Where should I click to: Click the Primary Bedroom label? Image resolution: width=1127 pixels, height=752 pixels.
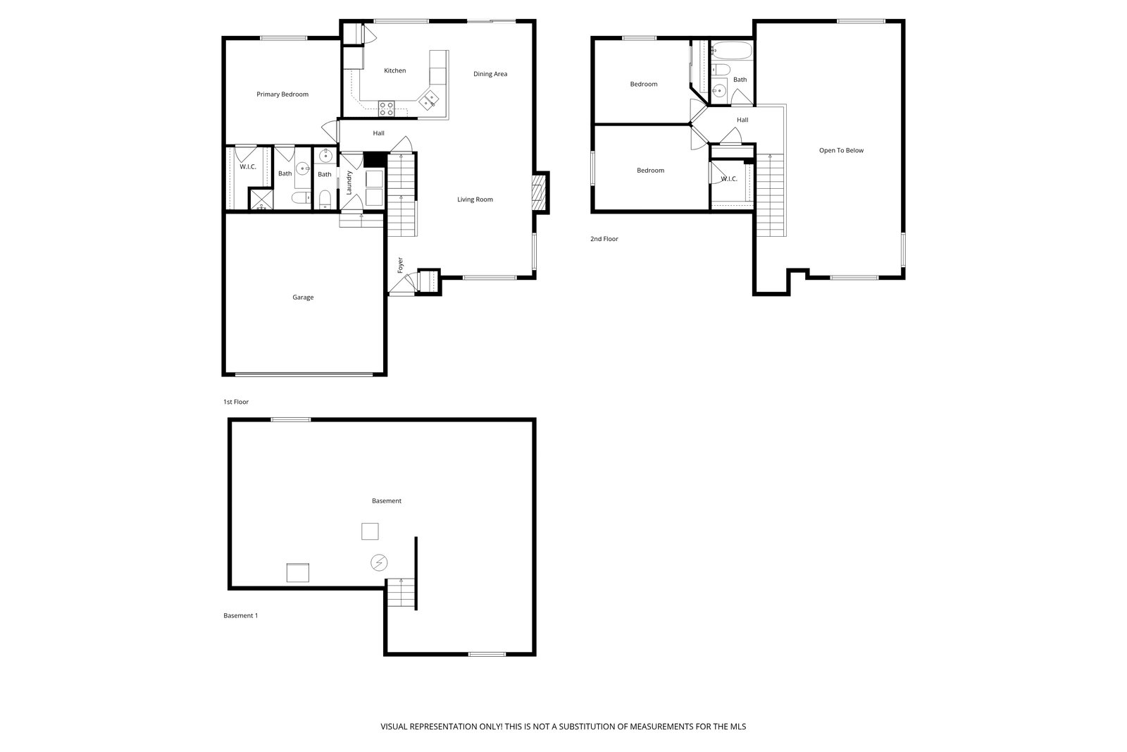[x=282, y=94]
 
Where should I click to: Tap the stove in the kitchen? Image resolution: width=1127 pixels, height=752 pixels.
[x=387, y=109]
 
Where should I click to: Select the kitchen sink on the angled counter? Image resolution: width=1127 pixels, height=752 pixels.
[x=429, y=99]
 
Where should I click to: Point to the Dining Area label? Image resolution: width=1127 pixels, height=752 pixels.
[x=490, y=74]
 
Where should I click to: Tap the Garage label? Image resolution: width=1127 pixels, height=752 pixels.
[x=303, y=297]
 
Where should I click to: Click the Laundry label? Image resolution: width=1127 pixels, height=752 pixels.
[x=349, y=183]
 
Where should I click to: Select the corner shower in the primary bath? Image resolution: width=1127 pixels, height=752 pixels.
[x=261, y=198]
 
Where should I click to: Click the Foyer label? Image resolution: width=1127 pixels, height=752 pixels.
[x=401, y=265]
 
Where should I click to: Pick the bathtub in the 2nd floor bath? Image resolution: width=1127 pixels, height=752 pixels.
[x=732, y=51]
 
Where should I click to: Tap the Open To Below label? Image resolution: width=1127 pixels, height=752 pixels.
[x=841, y=151]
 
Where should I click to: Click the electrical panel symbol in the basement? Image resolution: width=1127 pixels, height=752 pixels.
[x=379, y=562]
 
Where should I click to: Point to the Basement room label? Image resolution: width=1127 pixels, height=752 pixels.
[x=387, y=501]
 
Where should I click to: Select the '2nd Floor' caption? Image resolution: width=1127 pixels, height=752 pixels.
[x=604, y=239]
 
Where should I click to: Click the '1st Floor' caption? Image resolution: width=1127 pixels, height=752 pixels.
[x=236, y=402]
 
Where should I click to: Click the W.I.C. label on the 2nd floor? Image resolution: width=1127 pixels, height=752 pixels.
[x=729, y=179]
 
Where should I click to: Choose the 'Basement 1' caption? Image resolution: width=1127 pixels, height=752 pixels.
[x=240, y=615]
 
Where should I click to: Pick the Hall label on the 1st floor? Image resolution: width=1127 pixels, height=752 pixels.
[x=378, y=133]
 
